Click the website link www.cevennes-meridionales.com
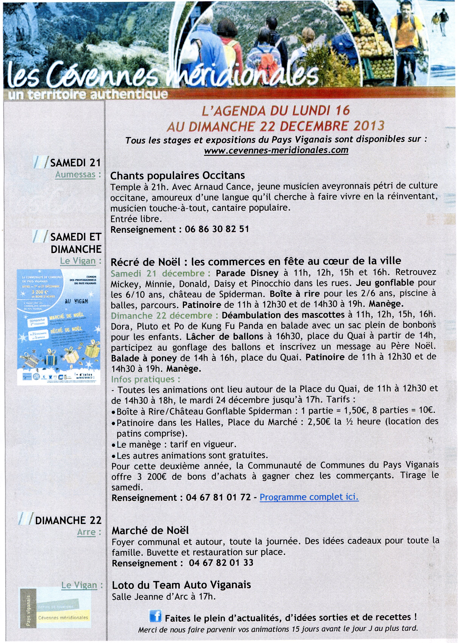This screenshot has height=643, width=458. (x=276, y=150)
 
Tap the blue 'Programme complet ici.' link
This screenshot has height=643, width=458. (x=309, y=497)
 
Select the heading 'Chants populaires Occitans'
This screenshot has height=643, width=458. (x=177, y=175)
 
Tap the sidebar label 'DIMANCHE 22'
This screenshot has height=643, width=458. (x=68, y=520)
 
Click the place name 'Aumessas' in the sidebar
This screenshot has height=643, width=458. (x=75, y=175)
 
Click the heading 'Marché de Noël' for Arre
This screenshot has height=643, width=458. (x=150, y=531)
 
